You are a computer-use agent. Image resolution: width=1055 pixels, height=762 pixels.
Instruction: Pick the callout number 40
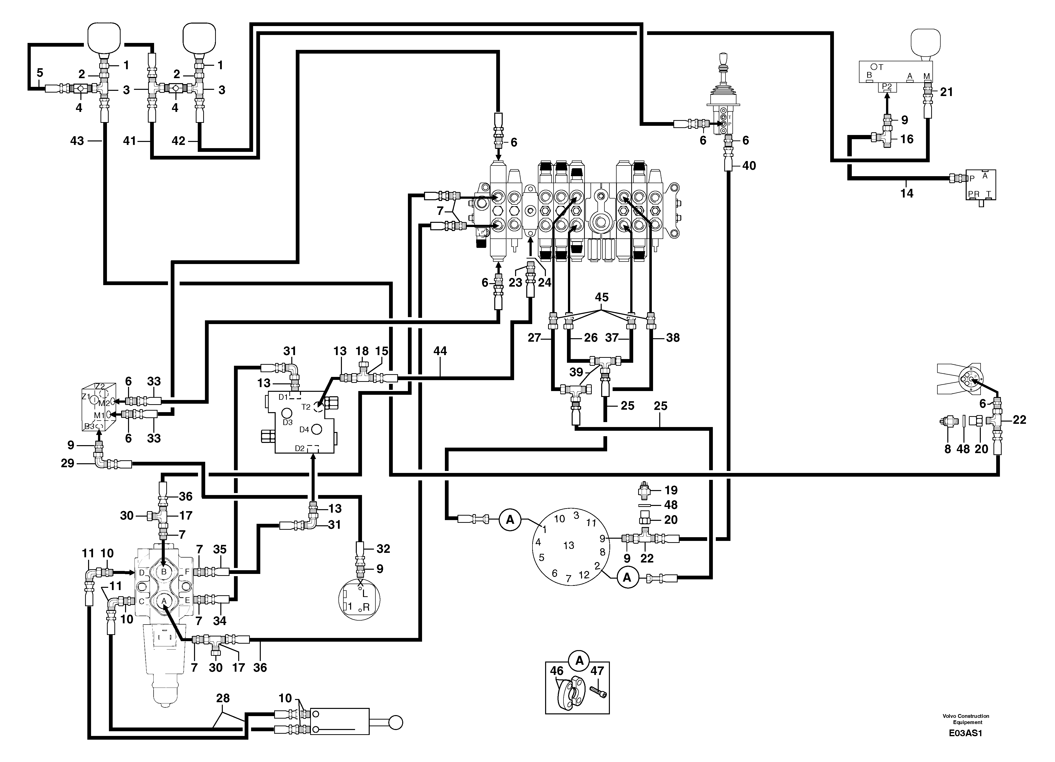pos(749,166)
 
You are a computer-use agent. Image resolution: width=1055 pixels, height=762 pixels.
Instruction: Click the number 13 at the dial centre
pos(568,545)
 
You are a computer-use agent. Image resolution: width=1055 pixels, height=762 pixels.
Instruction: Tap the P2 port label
pos(887,87)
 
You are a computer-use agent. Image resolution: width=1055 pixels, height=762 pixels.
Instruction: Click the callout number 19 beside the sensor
pos(671,490)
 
